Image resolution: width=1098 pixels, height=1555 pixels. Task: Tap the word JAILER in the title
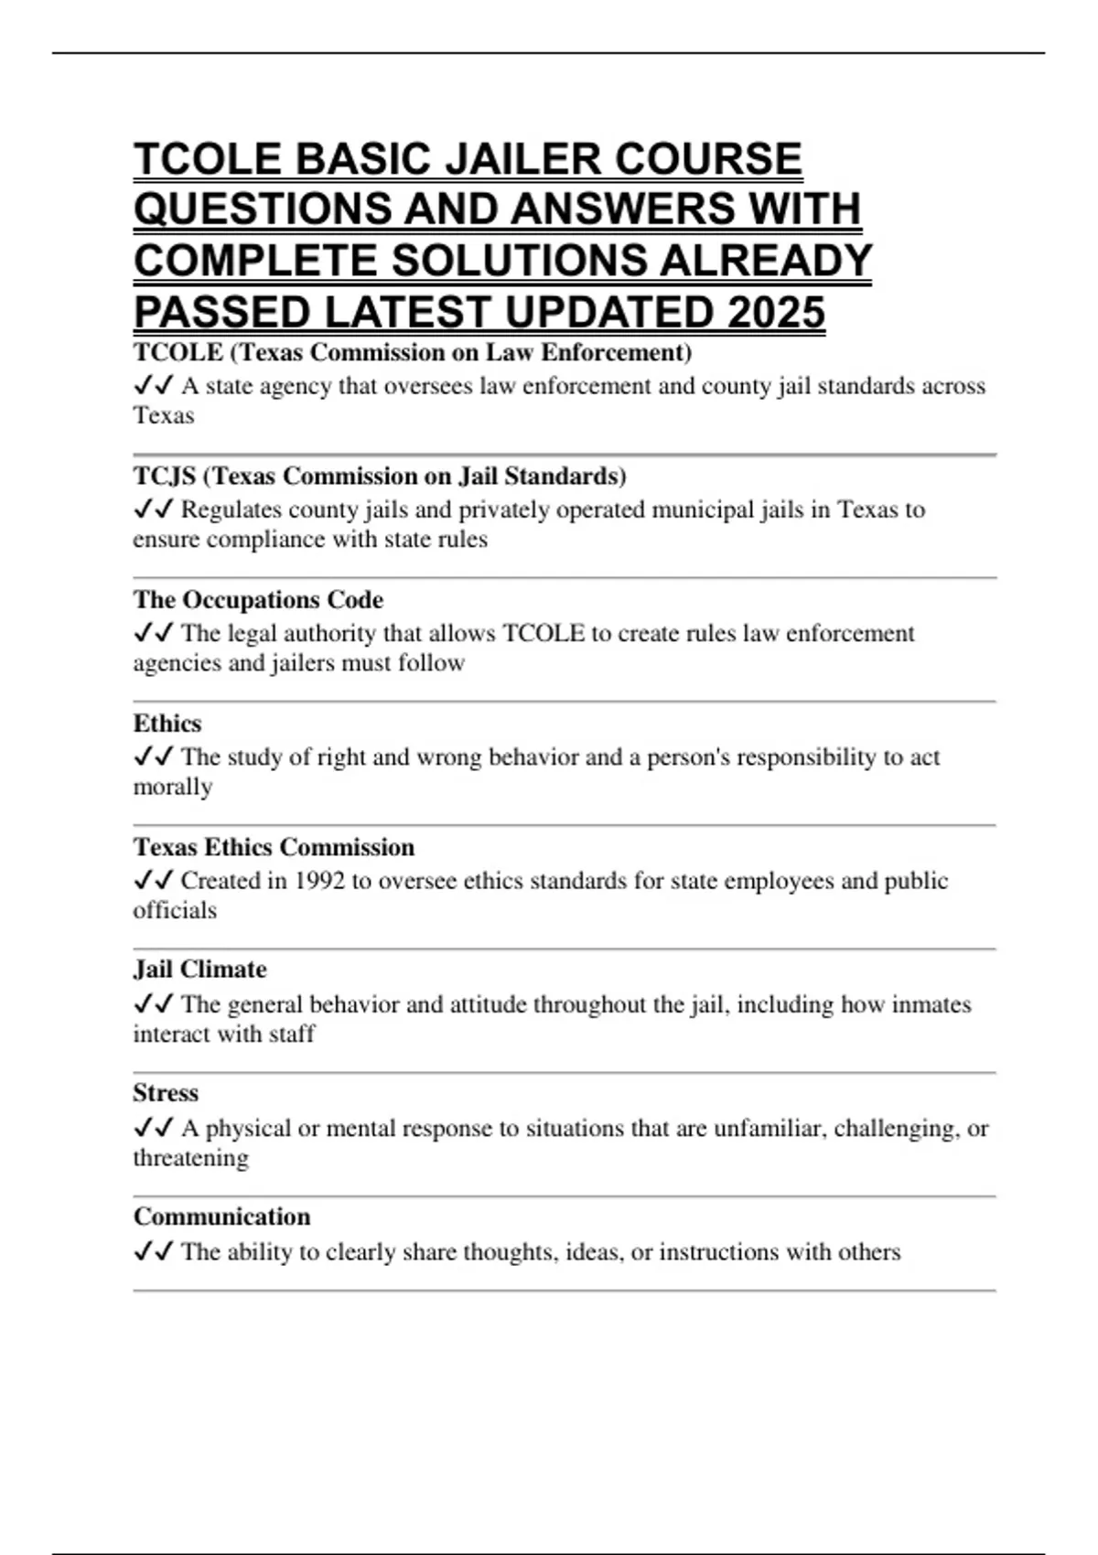[x=524, y=159]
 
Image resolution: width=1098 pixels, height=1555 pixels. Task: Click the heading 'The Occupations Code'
[x=258, y=600]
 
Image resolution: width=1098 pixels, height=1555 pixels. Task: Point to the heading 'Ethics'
[x=167, y=724]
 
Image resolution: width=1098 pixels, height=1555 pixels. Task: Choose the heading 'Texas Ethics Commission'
[x=274, y=847]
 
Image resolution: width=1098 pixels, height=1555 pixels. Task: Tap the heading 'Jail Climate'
[x=199, y=970]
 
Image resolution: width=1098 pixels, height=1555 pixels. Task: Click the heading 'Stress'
[x=166, y=1093]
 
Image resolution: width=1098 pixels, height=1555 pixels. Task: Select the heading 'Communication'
[x=221, y=1217]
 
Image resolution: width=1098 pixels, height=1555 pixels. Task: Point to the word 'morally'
[x=173, y=787]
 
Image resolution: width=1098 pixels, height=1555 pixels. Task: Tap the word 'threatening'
[x=190, y=1158]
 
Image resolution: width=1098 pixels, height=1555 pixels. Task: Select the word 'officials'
[x=175, y=910]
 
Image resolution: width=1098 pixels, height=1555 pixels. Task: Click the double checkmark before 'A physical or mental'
[x=153, y=1128]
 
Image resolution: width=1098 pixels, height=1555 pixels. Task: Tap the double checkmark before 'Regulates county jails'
[x=153, y=509]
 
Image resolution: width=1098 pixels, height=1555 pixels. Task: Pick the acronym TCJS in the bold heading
[x=165, y=477]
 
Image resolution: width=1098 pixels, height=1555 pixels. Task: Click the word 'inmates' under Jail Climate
[x=930, y=1004]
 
